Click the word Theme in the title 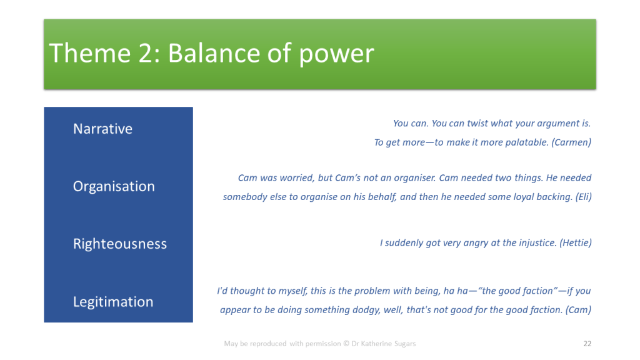coord(90,53)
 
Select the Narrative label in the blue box coord(103,129)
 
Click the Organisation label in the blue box coord(114,186)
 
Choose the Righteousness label coord(120,244)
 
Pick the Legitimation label coord(113,302)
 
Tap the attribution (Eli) coord(584,197)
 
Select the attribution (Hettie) coord(576,243)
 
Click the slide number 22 coord(587,344)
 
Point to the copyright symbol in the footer coord(346,344)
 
